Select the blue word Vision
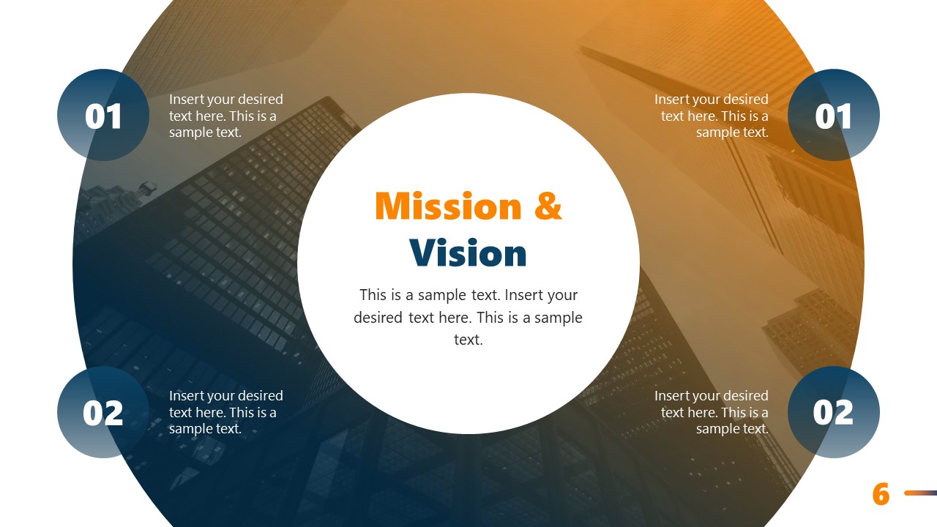pos(468,253)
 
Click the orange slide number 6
pos(881,495)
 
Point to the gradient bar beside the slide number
pos(920,493)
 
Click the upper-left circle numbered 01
pos(103,115)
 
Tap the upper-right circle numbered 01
pos(834,115)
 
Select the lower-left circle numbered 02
pos(103,412)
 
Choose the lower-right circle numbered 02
pos(834,412)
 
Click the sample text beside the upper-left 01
pos(225,116)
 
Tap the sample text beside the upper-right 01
pos(712,116)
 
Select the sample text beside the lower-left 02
pos(225,412)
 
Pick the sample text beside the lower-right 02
pos(712,412)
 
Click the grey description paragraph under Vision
pos(468,317)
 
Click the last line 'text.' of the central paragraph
pos(468,340)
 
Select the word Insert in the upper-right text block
pos(672,100)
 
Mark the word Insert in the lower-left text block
pos(186,396)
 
